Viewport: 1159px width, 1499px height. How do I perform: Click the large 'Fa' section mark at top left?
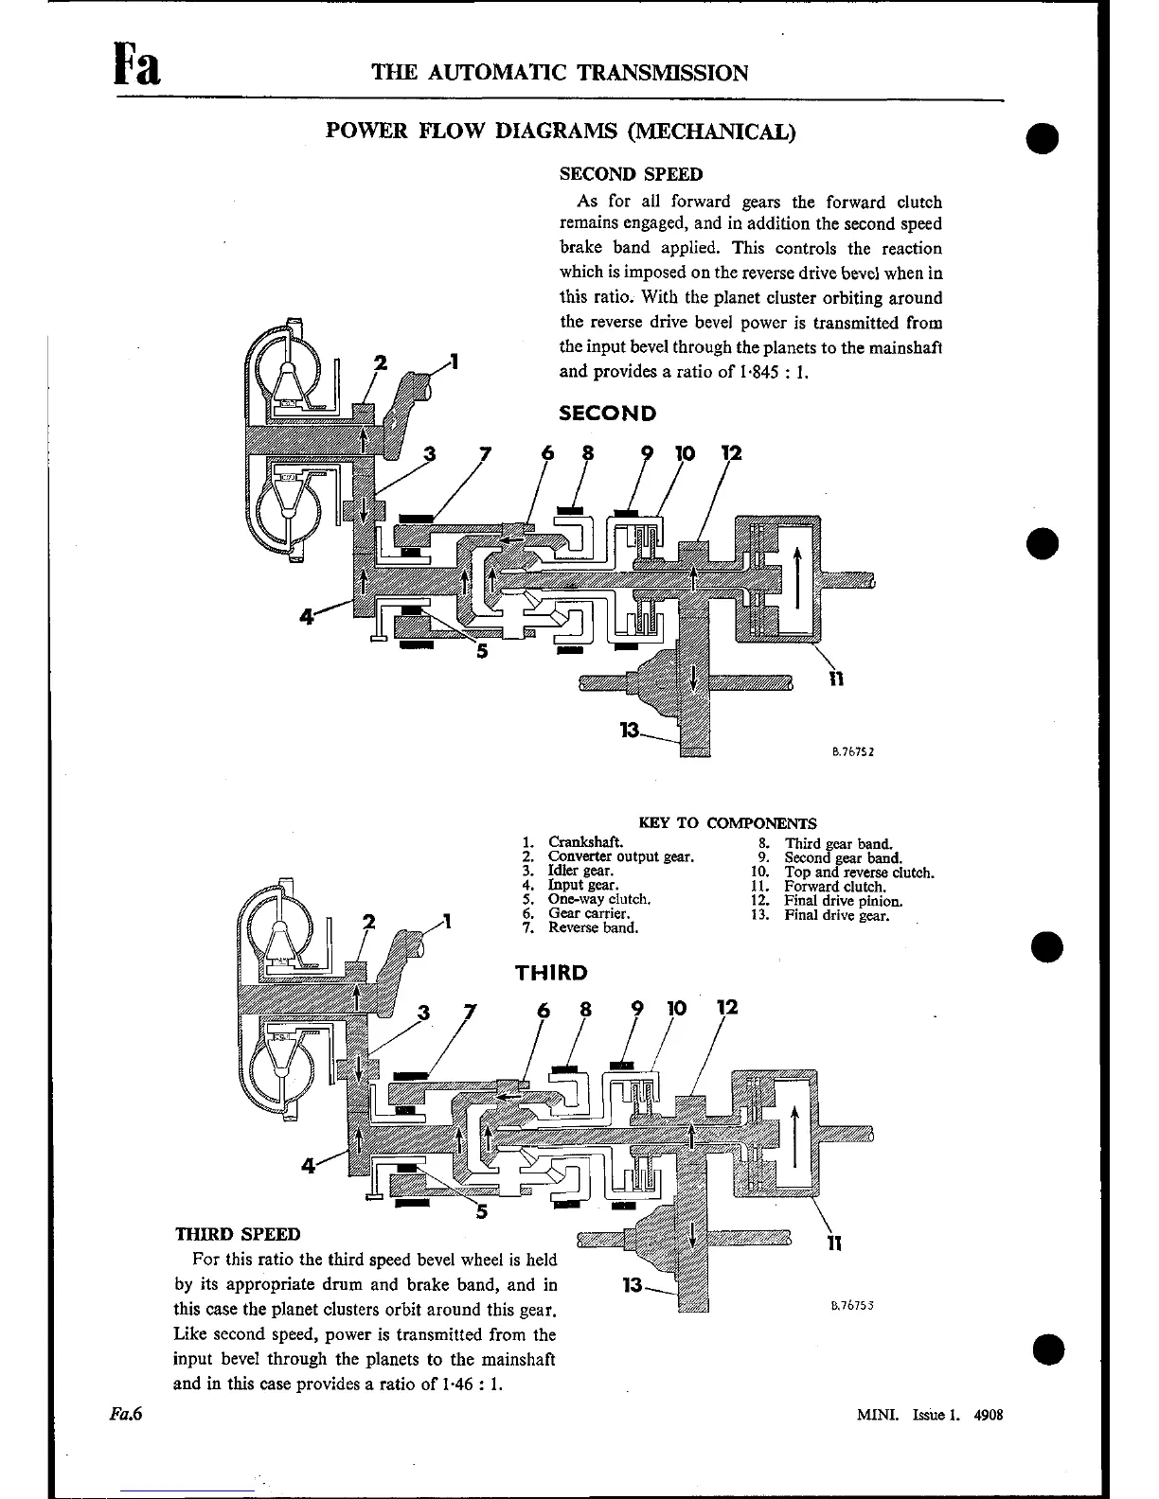[x=136, y=68]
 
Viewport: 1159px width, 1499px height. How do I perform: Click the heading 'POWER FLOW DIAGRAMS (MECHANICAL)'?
[x=561, y=131]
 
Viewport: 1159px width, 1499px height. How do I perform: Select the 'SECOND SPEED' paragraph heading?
[x=631, y=174]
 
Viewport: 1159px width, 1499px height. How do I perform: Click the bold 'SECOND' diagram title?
[x=607, y=414]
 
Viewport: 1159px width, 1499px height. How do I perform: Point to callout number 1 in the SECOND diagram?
[x=455, y=361]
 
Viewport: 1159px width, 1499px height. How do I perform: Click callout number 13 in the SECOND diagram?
[x=629, y=730]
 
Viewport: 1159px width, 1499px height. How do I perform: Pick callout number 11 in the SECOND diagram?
[x=834, y=678]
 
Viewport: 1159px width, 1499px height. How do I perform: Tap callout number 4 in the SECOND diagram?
[x=306, y=616]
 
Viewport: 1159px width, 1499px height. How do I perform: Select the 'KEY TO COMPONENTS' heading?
[x=727, y=823]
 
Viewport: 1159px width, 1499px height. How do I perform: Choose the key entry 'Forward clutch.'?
[x=835, y=887]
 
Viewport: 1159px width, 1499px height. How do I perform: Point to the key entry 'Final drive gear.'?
[x=837, y=915]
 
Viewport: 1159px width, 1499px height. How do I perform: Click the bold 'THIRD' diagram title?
[x=551, y=973]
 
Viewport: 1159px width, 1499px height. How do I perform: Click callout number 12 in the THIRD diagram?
[x=727, y=1008]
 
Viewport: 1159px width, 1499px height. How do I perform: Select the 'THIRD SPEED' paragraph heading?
[x=238, y=1234]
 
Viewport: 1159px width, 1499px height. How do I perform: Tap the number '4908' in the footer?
[x=988, y=1416]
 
